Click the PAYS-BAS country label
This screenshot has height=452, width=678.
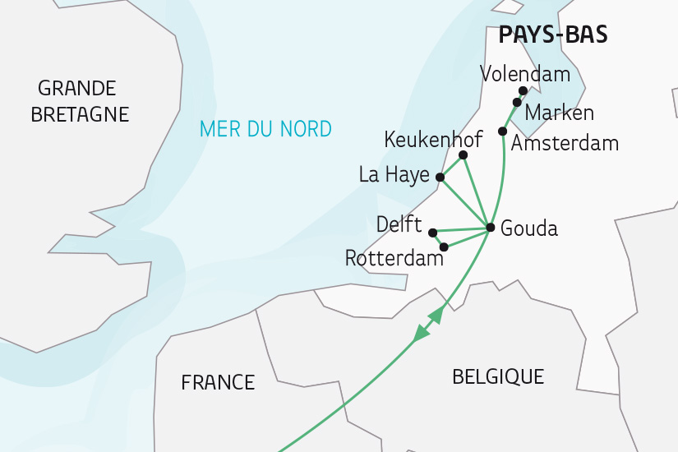(553, 35)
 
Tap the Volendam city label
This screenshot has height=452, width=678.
(525, 75)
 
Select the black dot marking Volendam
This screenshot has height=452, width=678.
(523, 90)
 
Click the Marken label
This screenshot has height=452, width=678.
(559, 113)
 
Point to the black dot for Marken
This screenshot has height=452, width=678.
(516, 102)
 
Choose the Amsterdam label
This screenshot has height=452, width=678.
(565, 144)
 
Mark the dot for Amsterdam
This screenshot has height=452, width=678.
(503, 131)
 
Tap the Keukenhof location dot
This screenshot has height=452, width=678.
(464, 155)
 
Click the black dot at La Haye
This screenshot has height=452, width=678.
(440, 177)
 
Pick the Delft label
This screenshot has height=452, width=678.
(399, 224)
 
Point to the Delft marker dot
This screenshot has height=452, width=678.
(432, 233)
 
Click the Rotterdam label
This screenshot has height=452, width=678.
(394, 259)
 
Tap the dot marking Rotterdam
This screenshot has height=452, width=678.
(444, 247)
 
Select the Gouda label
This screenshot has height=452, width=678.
(528, 228)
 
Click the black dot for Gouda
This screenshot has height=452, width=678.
(490, 228)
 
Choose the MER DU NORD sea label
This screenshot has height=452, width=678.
(266, 129)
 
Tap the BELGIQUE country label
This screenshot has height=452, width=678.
(498, 377)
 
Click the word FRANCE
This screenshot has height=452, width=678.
(218, 382)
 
